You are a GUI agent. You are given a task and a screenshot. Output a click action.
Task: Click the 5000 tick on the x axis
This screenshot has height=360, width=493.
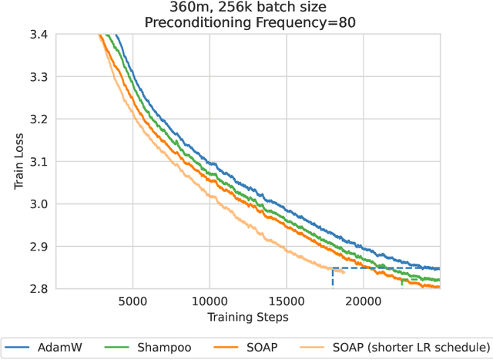(132, 301)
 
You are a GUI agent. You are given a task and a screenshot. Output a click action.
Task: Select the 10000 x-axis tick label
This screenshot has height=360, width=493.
(210, 301)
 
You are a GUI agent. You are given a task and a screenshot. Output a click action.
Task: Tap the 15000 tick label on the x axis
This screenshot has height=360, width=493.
(287, 301)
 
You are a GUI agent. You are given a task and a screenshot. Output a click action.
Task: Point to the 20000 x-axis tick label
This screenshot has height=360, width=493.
(364, 301)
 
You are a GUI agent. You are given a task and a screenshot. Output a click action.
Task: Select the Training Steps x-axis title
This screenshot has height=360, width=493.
(248, 317)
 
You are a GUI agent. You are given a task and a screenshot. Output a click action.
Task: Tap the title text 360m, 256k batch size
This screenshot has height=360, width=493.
(248, 8)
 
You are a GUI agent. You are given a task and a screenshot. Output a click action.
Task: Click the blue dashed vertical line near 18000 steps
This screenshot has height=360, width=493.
(333, 279)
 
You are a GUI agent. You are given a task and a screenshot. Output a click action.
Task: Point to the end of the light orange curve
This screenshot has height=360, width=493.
(344, 271)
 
